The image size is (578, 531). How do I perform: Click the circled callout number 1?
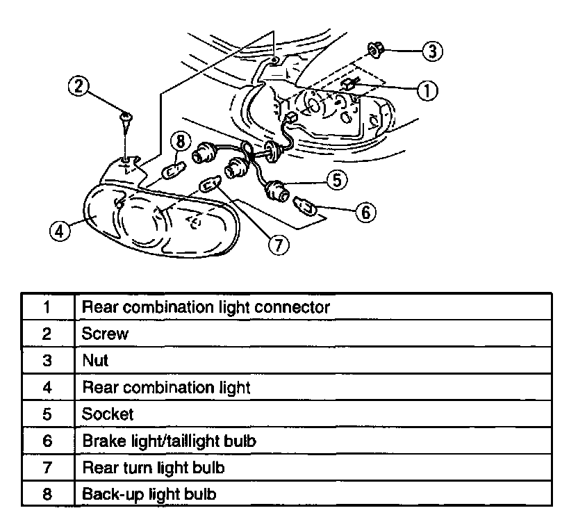[427, 90]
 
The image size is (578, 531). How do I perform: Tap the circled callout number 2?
[79, 86]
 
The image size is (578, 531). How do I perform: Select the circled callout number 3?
[432, 50]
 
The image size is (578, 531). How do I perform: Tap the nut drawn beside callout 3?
[376, 49]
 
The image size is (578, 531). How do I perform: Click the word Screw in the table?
[105, 333]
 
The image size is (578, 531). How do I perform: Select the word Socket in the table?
[108, 414]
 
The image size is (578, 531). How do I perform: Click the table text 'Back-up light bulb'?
[149, 494]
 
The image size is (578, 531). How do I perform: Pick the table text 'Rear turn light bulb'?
[153, 467]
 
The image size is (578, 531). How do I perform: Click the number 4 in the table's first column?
[47, 387]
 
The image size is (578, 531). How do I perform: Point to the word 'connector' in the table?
[293, 307]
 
